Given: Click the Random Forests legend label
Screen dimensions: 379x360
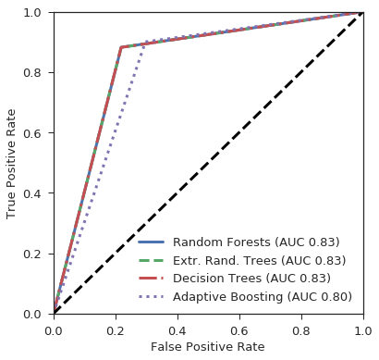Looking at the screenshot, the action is click(x=256, y=242).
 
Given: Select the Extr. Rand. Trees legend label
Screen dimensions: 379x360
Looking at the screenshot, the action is click(x=259, y=261).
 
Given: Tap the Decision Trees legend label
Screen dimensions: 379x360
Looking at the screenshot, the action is click(x=251, y=279).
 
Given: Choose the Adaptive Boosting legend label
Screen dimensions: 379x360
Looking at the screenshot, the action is click(x=263, y=297).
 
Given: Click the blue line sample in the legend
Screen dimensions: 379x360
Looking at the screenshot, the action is click(x=151, y=242).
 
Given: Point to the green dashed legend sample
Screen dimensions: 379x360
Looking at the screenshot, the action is click(x=151, y=261).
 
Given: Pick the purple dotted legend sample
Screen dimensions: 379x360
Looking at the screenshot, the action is click(x=151, y=297).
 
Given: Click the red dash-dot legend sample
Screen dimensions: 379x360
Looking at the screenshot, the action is click(x=151, y=279).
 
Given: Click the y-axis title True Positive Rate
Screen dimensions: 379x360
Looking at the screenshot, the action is click(x=11, y=164).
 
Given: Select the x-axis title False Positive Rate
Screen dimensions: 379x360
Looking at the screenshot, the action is click(x=207, y=347).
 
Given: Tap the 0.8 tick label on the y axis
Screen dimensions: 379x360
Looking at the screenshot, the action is click(x=32, y=73).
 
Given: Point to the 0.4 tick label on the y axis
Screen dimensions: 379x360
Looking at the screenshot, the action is click(x=32, y=193).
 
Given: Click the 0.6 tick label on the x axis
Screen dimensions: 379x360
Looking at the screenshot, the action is click(x=239, y=331).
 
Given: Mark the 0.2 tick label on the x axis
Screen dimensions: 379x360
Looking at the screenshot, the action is click(x=116, y=331).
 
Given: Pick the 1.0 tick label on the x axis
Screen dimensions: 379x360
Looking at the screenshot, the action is click(x=363, y=331).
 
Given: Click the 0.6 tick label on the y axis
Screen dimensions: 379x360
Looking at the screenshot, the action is click(x=32, y=133).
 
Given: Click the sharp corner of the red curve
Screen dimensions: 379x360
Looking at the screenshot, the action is click(x=121, y=47).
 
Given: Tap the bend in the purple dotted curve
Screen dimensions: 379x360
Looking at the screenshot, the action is click(x=143, y=43).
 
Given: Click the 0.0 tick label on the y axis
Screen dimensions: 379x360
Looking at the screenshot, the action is click(x=32, y=315).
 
